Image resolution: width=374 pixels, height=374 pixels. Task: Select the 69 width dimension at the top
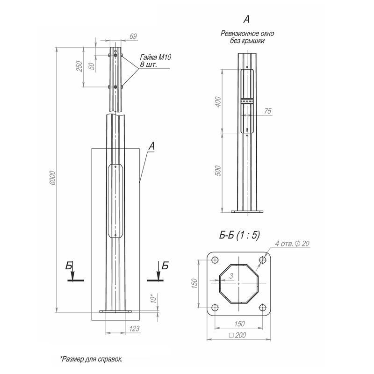(120, 36)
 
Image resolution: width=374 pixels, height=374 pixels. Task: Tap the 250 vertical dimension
(79, 67)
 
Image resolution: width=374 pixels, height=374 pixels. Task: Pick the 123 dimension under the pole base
(134, 329)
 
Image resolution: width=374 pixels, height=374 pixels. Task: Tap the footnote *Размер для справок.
(91, 360)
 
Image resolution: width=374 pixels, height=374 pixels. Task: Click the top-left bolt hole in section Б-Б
(215, 260)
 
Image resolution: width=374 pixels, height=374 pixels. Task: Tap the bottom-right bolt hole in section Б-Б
(262, 308)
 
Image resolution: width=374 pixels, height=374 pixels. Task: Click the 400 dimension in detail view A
(217, 102)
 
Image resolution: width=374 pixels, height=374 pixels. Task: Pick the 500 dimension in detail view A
(217, 171)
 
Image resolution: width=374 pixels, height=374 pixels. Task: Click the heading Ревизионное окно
(247, 34)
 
